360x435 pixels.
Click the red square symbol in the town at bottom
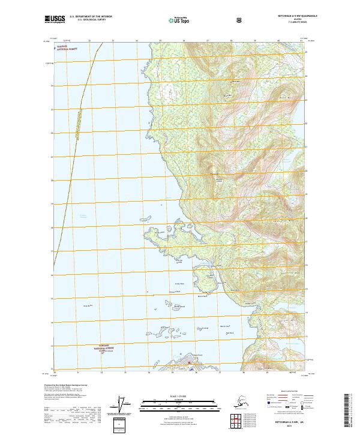click(190, 362)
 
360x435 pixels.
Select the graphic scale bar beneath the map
click(180, 400)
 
